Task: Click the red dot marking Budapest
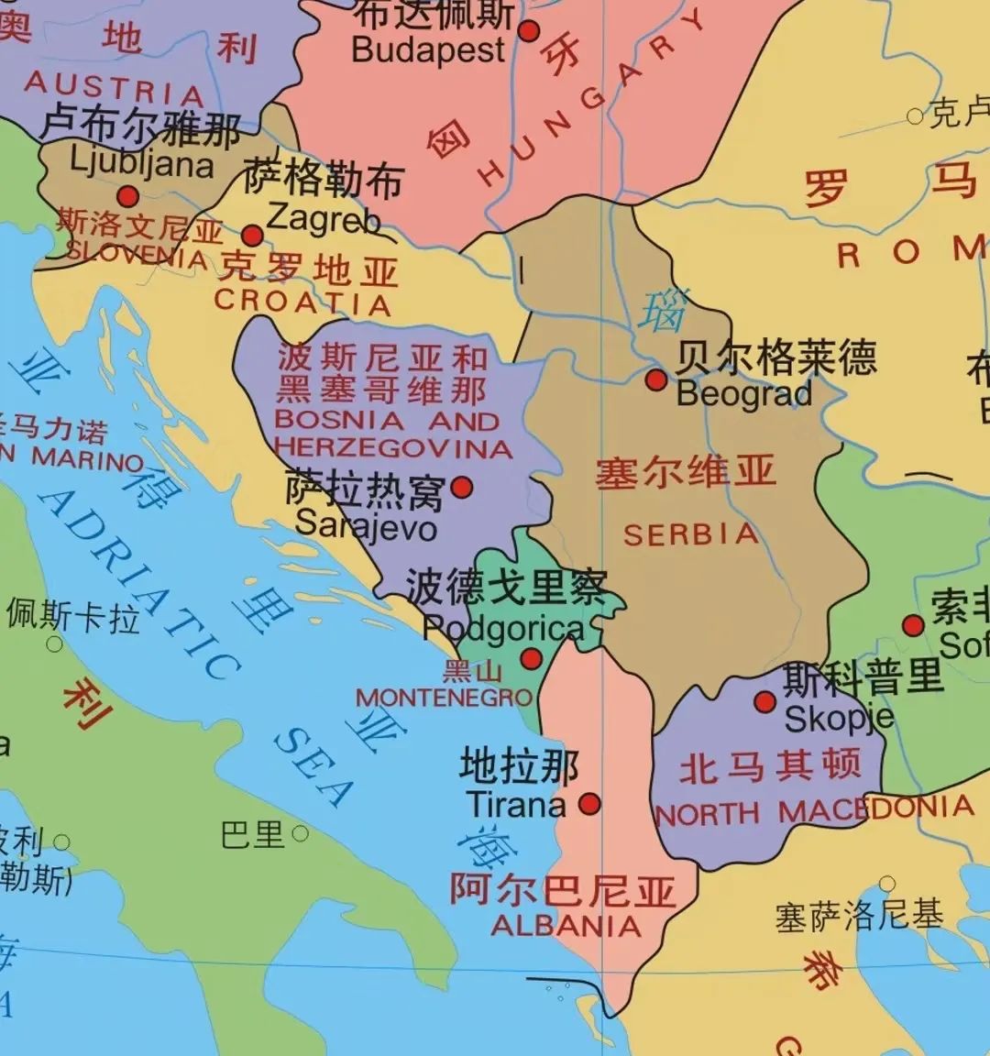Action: (529, 31)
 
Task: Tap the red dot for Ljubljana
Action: (128, 195)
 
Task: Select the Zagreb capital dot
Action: (252, 236)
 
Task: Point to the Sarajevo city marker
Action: (462, 486)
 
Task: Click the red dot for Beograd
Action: (655, 379)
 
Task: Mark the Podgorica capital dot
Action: (531, 658)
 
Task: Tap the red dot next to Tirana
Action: (590, 804)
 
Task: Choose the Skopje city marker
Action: (764, 702)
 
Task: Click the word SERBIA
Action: (691, 534)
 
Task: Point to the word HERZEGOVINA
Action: (392, 448)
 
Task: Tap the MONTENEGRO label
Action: (445, 698)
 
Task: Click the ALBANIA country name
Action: (566, 925)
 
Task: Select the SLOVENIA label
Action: (137, 254)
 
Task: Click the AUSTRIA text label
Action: (114, 88)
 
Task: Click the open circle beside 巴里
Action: (300, 834)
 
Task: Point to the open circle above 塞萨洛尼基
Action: (886, 885)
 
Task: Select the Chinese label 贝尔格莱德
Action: (775, 357)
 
